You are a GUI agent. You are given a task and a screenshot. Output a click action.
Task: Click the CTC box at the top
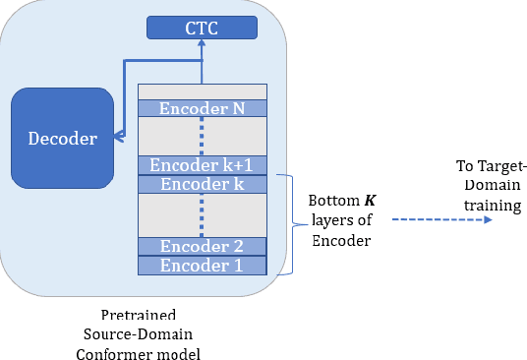coord(202,28)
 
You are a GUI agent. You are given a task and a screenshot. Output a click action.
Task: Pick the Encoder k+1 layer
coord(202,165)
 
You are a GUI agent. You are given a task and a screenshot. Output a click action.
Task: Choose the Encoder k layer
coord(202,184)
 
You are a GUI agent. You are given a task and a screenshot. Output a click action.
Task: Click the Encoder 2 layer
coord(202,246)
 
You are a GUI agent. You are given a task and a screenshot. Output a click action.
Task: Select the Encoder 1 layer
coord(202,265)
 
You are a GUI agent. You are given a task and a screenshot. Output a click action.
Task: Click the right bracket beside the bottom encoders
coord(291,224)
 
